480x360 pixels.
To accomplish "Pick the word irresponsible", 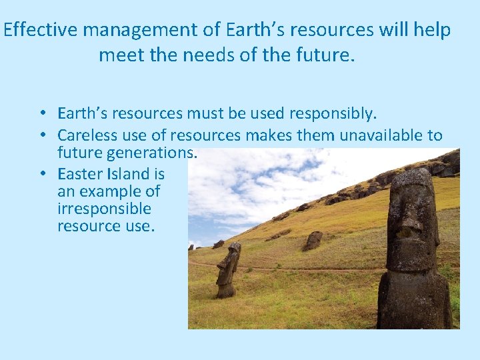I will [x=104, y=209].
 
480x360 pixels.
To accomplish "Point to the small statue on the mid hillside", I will [x=313, y=241].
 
